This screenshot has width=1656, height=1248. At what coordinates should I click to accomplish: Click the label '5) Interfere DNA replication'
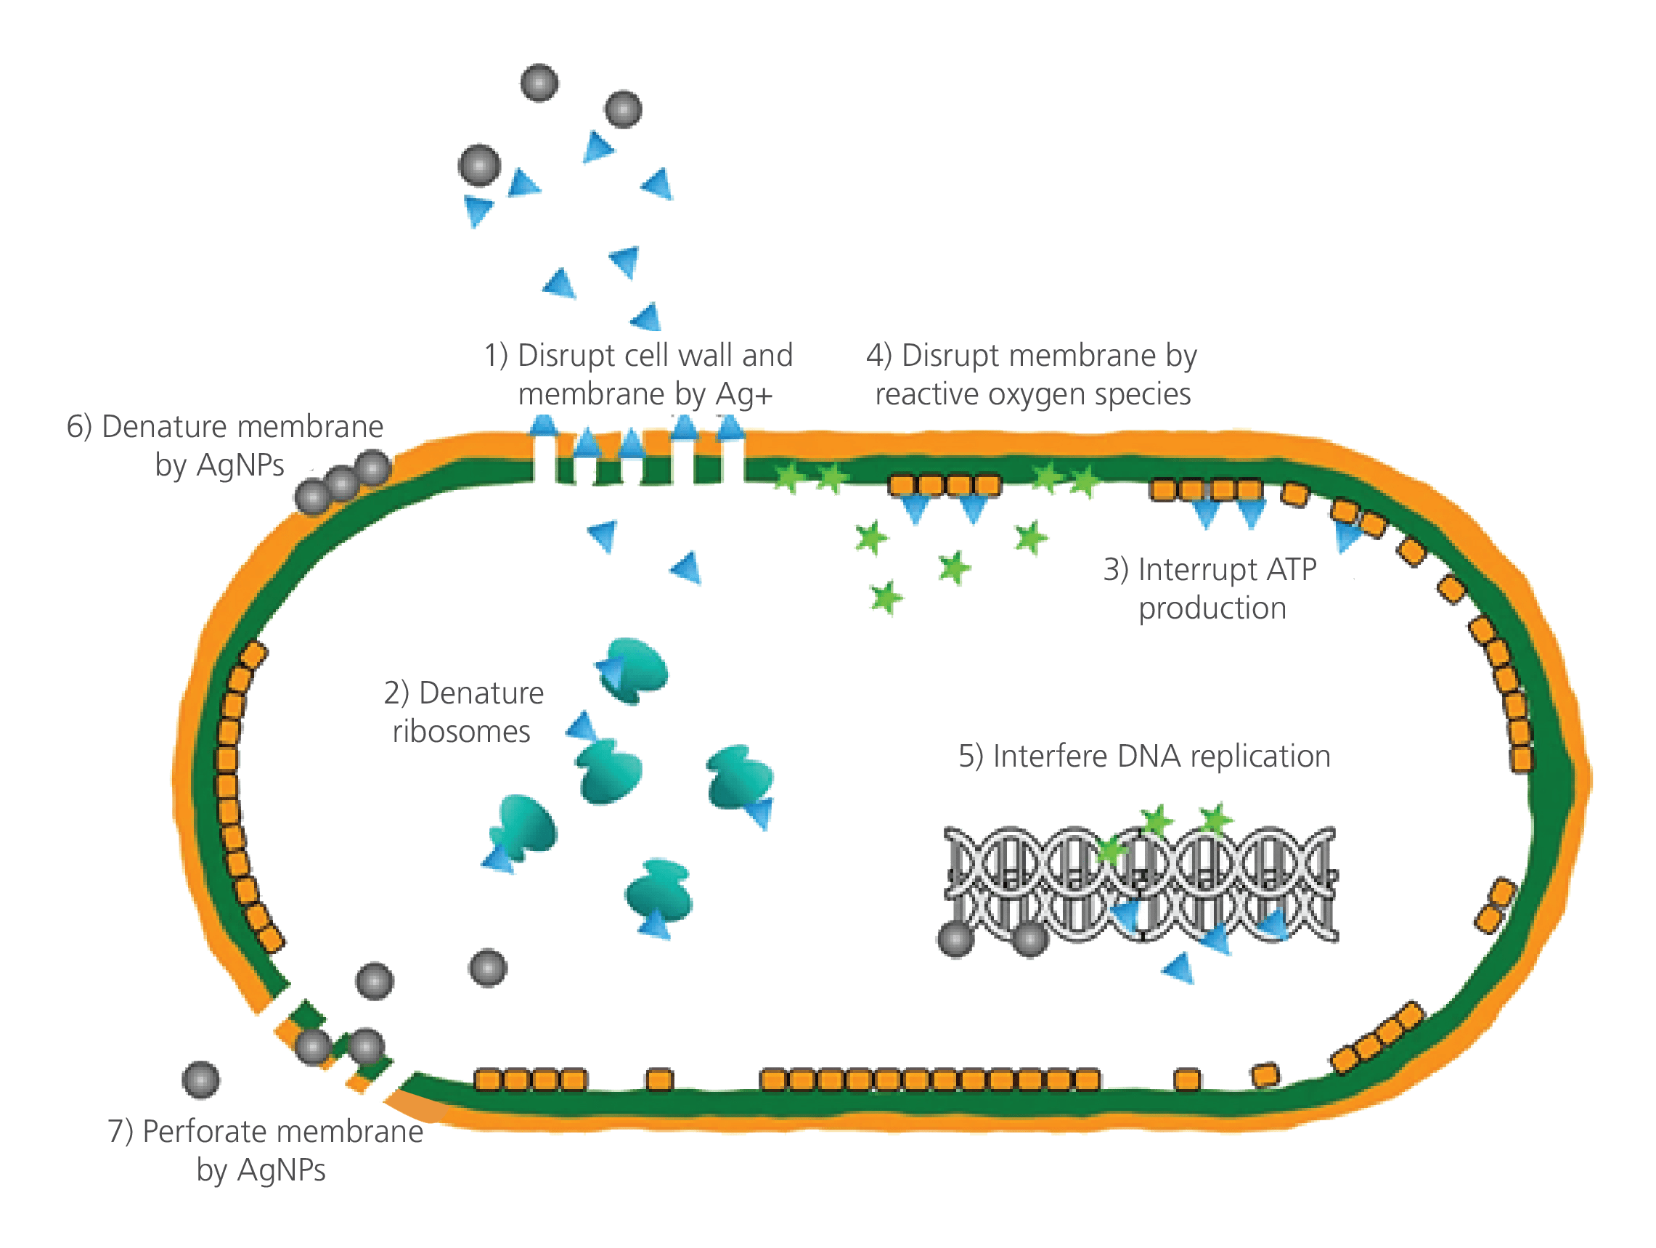pos(1144,757)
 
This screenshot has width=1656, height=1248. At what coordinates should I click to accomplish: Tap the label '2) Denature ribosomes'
pos(463,712)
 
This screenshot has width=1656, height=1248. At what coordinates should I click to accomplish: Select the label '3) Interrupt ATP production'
pos(1210,590)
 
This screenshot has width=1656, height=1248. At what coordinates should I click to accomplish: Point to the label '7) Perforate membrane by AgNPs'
pos(266,1151)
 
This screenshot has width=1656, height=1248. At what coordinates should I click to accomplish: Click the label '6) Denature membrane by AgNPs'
pos(224,446)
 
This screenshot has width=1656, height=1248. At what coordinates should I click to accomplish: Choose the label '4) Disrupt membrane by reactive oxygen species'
pos(1032,375)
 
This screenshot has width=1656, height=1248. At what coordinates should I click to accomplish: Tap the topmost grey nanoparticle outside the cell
pos(539,83)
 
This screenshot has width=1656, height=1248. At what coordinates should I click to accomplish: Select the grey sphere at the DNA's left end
pos(956,939)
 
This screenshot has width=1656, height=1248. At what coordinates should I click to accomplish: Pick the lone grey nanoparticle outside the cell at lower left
pos(201,1080)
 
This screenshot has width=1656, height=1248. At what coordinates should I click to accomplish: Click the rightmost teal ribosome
pos(741,778)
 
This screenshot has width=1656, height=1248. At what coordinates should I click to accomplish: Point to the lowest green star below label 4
pos(886,598)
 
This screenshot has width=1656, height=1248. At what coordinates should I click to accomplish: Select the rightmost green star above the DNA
pos(1216,817)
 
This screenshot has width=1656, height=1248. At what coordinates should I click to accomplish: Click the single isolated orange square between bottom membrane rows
pos(658,1080)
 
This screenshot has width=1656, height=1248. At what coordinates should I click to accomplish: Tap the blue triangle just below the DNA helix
pos(1178,967)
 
